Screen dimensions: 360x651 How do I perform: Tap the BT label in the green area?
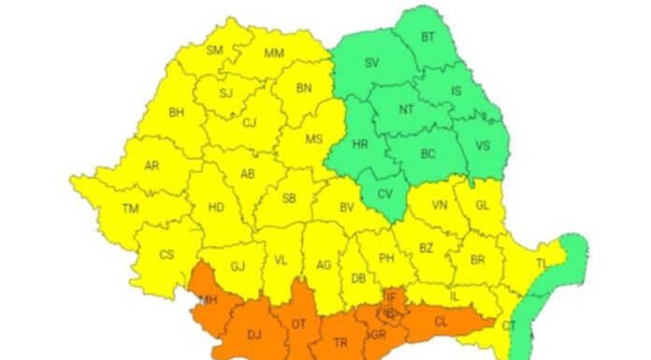tap(429, 36)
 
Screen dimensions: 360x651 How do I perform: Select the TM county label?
tap(130, 209)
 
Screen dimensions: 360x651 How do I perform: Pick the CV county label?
tap(384, 194)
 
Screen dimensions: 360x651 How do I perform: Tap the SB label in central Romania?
tap(290, 197)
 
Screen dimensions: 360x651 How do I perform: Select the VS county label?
tap(483, 146)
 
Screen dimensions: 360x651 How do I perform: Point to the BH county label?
tap(177, 112)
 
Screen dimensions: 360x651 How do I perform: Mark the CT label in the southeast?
tap(510, 324)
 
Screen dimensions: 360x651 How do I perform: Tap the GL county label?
tap(483, 205)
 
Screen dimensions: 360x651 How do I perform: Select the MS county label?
tap(314, 138)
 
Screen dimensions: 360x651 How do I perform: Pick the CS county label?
tap(166, 254)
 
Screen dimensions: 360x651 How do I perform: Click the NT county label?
tap(407, 109)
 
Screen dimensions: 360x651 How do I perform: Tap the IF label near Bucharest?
tap(391, 296)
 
